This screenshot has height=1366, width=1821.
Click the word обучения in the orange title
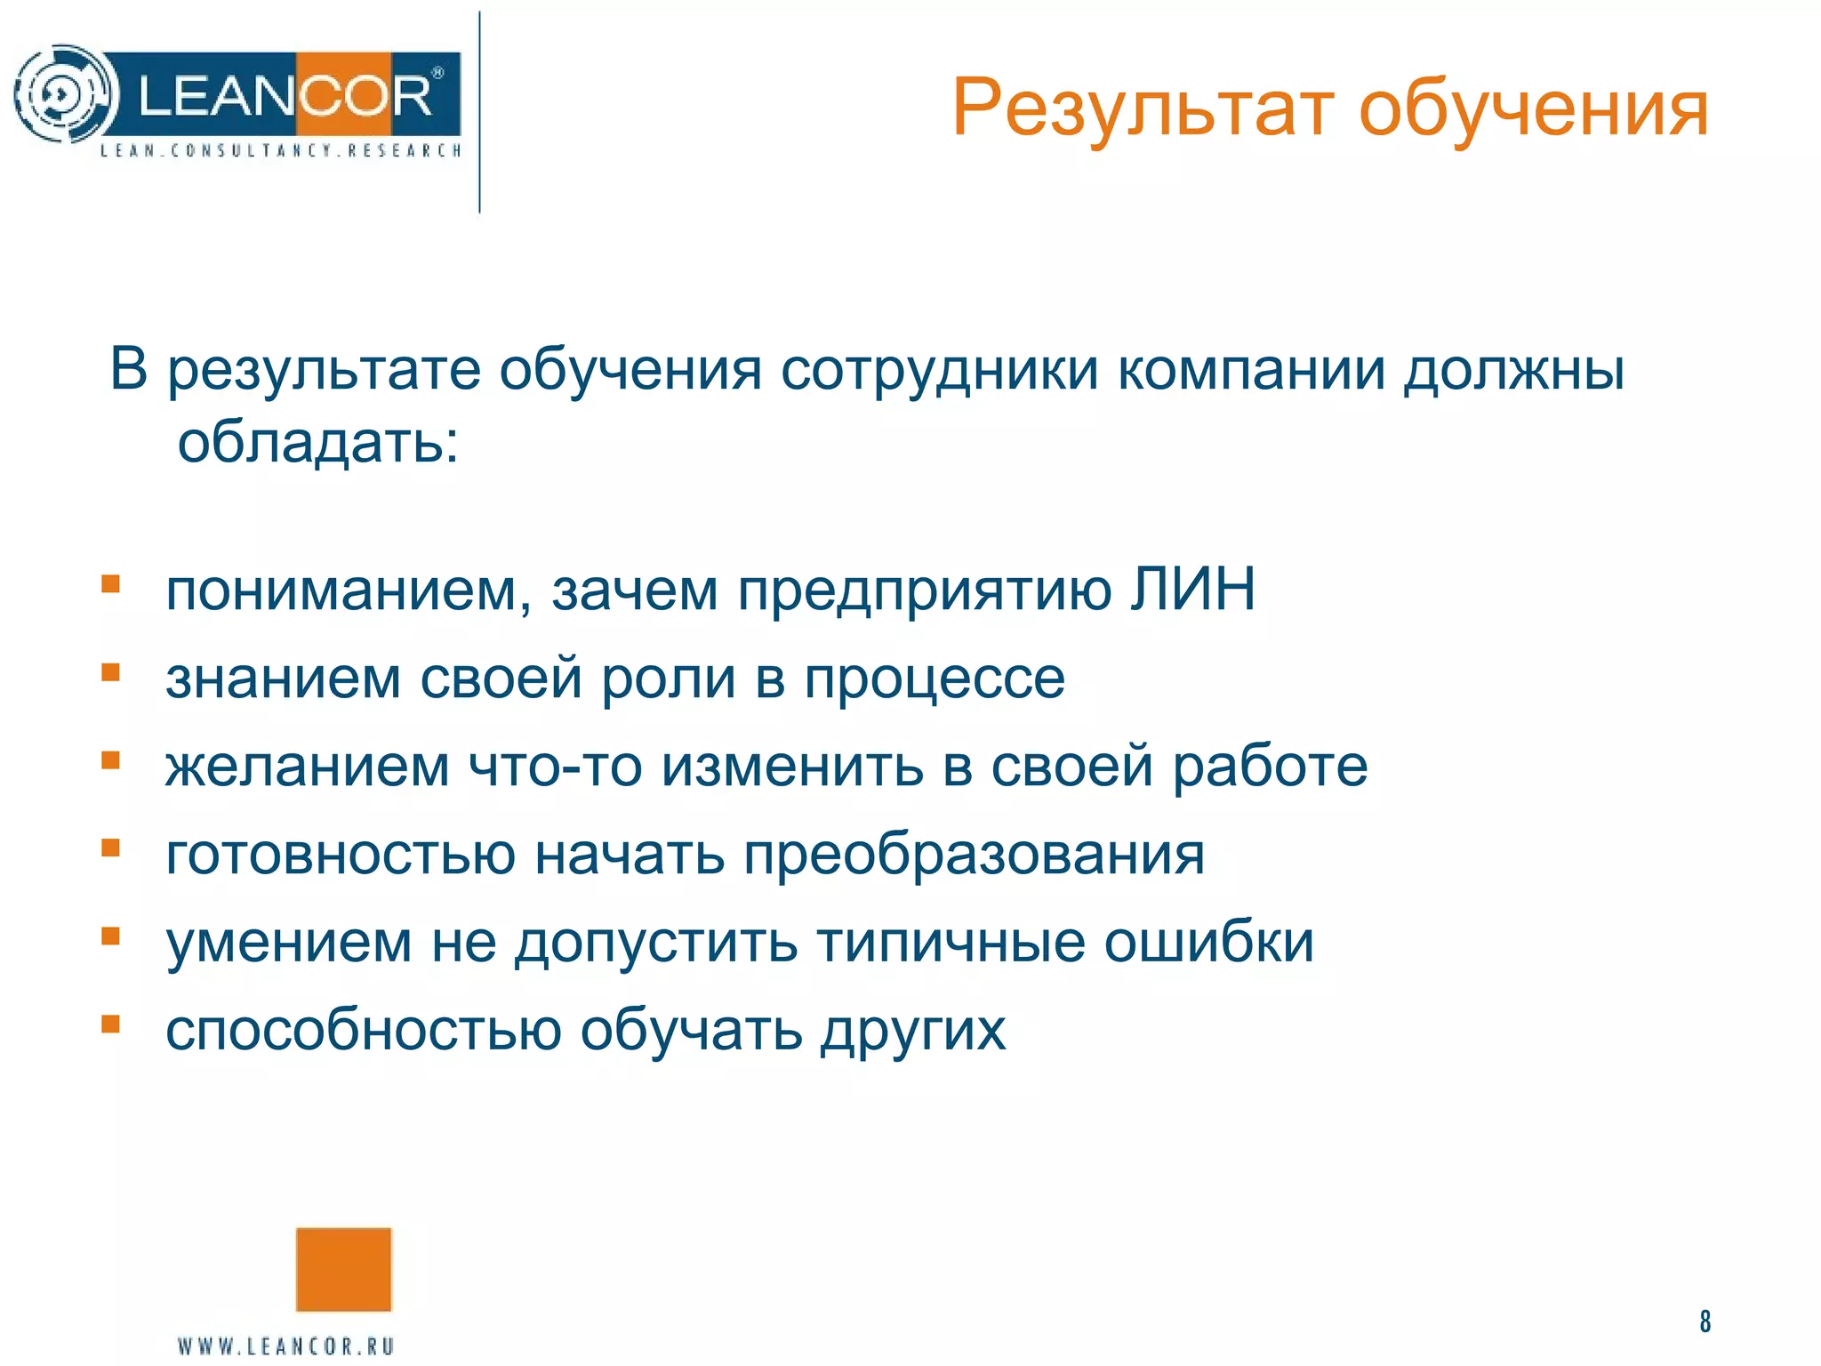pyautogui.click(x=1533, y=110)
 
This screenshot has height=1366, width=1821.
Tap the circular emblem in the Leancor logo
pyautogui.click(x=64, y=94)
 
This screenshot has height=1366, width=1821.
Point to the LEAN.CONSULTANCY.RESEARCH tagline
pyautogui.click(x=280, y=150)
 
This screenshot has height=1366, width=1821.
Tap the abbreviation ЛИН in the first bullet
pyautogui.click(x=1192, y=590)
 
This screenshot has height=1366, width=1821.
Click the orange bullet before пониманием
pyautogui.click(x=110, y=584)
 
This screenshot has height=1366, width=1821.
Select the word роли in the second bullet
pyautogui.click(x=669, y=679)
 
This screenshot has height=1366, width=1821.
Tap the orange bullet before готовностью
pyautogui.click(x=110, y=848)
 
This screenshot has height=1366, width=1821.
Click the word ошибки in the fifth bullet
pyautogui.click(x=1208, y=942)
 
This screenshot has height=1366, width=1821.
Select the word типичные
pyautogui.click(x=951, y=944)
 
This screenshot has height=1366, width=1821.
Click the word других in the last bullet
pyautogui.click(x=912, y=1032)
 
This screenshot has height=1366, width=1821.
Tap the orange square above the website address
pyautogui.click(x=343, y=1270)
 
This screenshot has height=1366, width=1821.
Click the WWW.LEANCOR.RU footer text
pyautogui.click(x=285, y=1346)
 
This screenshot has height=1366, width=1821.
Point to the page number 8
pyautogui.click(x=1705, y=1322)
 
